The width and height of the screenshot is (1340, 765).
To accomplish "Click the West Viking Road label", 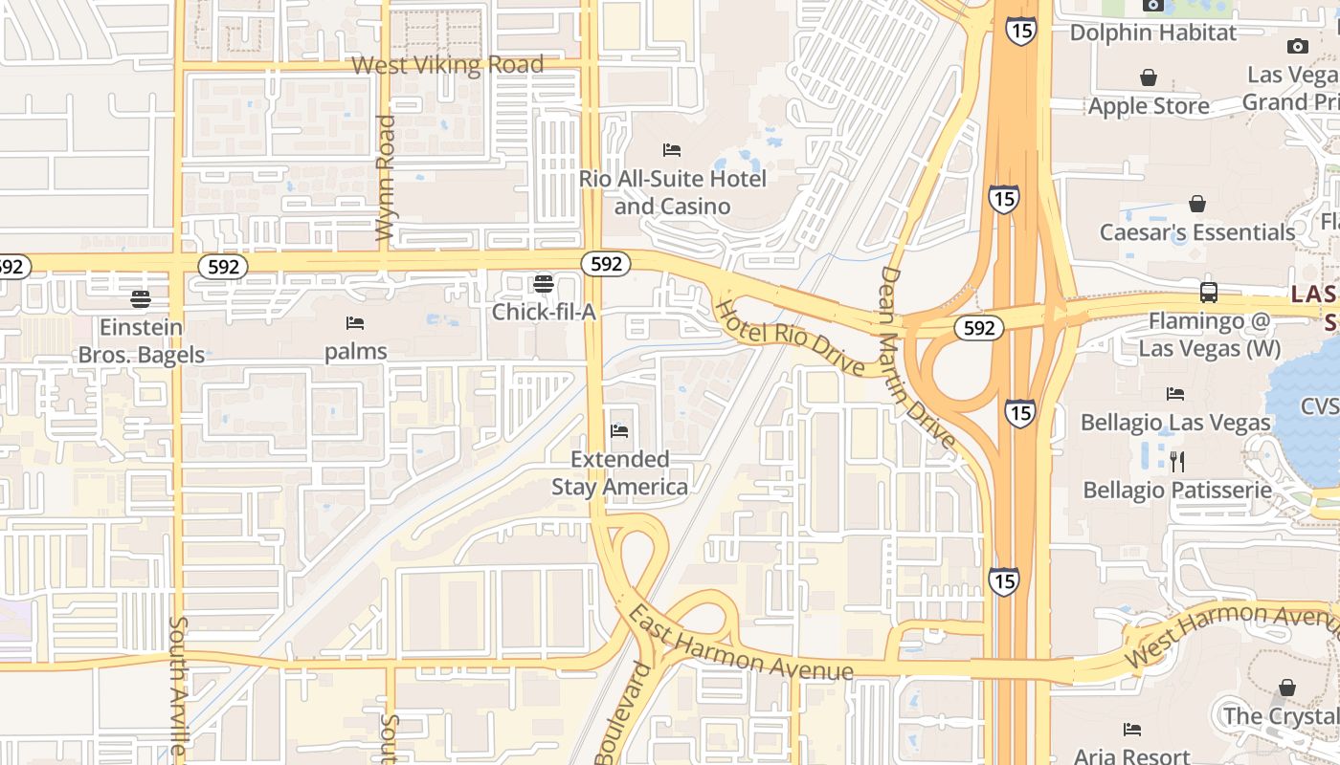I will coord(448,65).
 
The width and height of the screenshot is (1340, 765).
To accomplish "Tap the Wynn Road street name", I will coord(386,178).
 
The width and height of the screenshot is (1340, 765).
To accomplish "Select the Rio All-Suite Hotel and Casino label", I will coord(672,192).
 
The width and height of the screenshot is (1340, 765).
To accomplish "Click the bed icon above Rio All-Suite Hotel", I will coord(672,150).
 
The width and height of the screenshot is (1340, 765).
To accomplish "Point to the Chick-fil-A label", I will coord(544,312).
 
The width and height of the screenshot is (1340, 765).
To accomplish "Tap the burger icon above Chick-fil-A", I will coord(544,283).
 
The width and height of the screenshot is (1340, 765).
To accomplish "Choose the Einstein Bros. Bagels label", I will coord(141,340).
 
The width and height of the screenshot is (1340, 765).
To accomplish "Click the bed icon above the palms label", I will coord(355,322).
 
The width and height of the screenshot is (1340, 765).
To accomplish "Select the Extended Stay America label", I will coord(619,472).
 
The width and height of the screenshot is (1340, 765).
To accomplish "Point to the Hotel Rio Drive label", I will coord(791,338).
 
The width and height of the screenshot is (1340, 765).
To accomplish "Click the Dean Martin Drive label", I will coord(916,358).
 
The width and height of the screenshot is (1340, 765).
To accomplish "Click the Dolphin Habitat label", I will coord(1152,33).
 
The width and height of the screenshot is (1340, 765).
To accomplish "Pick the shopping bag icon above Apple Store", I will coord(1149,77).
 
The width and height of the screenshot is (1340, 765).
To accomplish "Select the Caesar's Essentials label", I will coord(1196,232).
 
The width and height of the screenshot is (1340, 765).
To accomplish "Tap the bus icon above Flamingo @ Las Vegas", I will coord(1209,293).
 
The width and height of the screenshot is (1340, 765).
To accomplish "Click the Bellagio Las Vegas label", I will coord(1175,422).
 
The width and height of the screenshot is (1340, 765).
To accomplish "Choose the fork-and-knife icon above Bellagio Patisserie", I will coord(1177,462).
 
